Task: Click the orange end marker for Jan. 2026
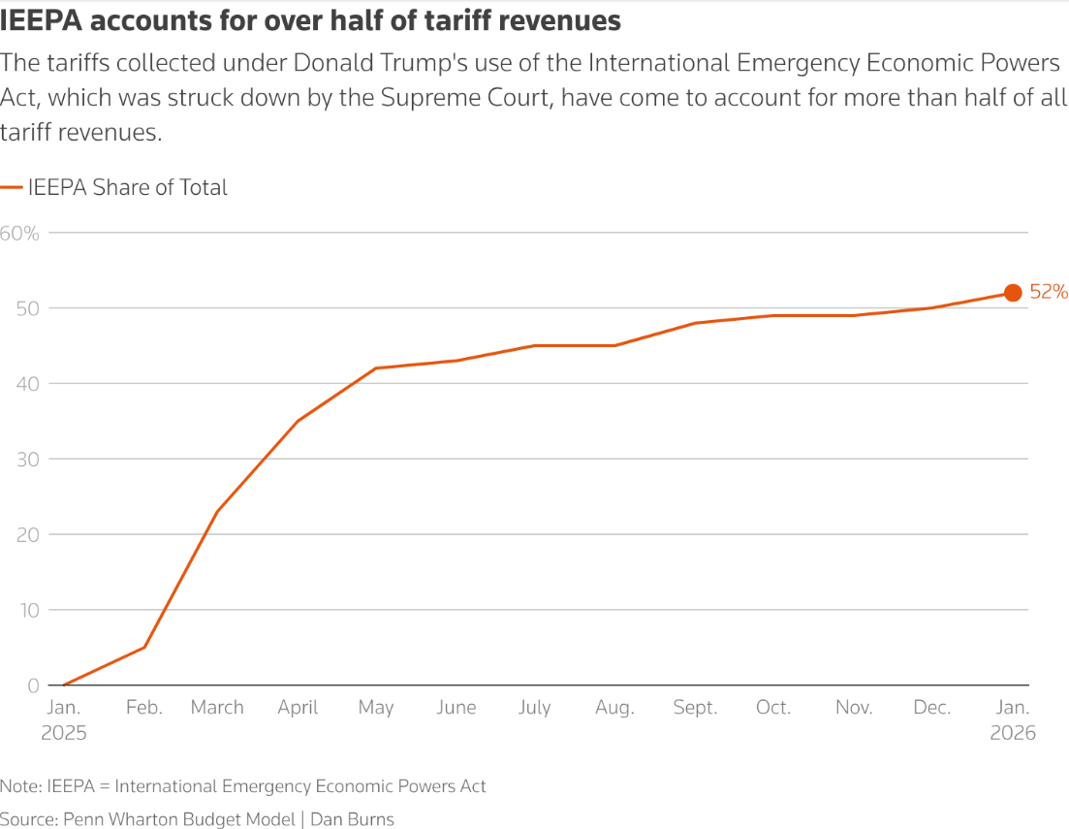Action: point(1013,293)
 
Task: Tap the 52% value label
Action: point(1048,292)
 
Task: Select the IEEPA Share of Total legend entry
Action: point(127,188)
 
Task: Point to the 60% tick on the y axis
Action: point(19,233)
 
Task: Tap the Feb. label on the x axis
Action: point(144,708)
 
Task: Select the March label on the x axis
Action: point(217,708)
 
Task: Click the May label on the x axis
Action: point(376,708)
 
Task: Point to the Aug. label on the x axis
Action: point(614,708)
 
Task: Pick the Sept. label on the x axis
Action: point(696,708)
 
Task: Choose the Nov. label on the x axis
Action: point(854,708)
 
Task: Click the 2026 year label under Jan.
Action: point(1013,733)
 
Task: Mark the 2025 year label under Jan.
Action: point(64,733)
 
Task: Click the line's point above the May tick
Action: point(376,368)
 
